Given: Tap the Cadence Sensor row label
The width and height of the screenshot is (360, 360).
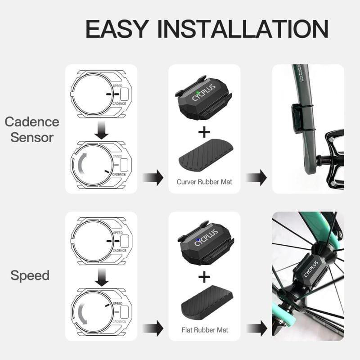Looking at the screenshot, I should click(32, 130).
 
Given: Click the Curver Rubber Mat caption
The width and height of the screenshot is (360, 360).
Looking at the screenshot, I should click(204, 182).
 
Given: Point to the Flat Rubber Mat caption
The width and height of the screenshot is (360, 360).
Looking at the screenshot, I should click(204, 330).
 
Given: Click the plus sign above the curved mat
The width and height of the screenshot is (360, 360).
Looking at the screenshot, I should click(204, 132).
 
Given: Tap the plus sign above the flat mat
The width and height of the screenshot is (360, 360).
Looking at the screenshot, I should click(204, 277).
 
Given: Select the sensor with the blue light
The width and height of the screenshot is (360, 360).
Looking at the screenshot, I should click(200, 241).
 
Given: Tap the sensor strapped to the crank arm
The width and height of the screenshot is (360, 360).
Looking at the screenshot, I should click(297, 118).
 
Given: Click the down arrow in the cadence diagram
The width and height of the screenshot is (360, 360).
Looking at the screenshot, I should click(103, 131).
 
